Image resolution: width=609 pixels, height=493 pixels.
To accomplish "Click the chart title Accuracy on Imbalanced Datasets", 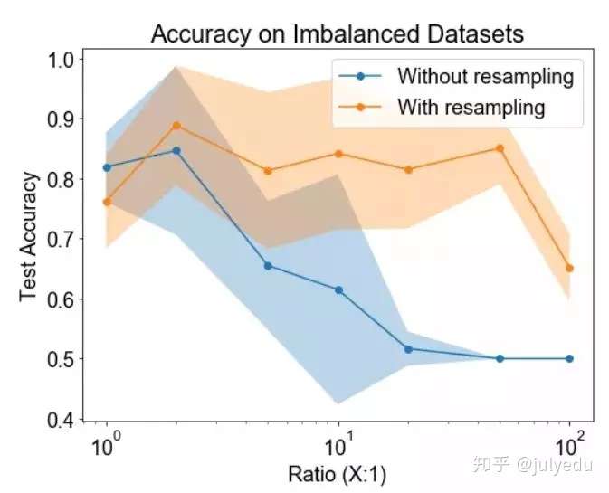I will (x=338, y=34).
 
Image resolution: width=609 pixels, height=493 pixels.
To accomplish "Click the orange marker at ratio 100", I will (x=569, y=268).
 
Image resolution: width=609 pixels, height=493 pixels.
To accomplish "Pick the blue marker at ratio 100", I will (x=569, y=358).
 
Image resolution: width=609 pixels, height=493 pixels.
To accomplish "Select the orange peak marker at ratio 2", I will (x=176, y=125).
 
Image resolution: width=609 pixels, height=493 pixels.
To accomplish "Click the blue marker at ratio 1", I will (x=107, y=167).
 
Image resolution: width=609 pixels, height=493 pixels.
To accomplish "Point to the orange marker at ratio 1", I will (x=107, y=202).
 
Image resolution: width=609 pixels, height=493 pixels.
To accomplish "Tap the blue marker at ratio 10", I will (x=338, y=289).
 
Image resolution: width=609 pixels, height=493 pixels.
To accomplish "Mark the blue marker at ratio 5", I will (x=268, y=265).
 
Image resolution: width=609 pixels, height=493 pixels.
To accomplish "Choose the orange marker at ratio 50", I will (x=500, y=148).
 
